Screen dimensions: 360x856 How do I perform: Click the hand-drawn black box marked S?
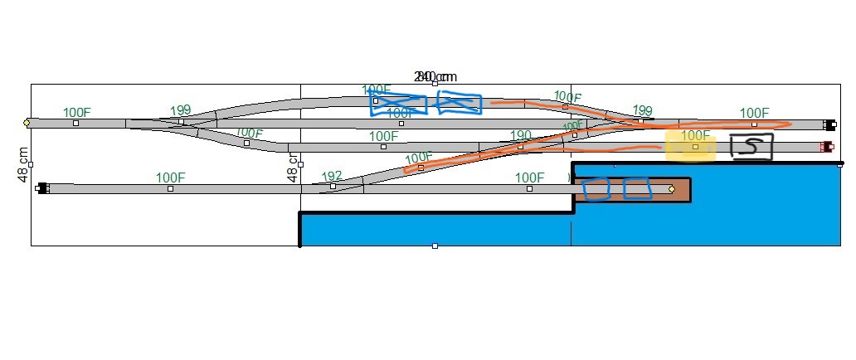[751, 148]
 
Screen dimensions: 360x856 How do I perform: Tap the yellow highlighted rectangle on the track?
[690, 148]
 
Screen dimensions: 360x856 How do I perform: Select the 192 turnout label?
[332, 176]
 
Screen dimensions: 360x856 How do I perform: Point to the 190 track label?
[521, 135]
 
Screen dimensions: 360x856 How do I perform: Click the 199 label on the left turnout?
[180, 110]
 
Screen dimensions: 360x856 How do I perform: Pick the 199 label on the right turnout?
[642, 110]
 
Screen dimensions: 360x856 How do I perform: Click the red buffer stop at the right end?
[826, 147]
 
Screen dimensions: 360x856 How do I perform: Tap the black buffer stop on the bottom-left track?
[42, 188]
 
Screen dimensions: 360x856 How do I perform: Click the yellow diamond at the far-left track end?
[27, 123]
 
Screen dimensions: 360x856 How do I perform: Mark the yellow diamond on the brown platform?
[671, 189]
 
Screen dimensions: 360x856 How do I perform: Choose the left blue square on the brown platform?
[596, 189]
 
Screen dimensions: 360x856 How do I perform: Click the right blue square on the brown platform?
[637, 189]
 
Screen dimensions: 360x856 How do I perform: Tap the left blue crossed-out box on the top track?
[398, 103]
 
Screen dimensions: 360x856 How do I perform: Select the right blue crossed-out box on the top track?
[460, 102]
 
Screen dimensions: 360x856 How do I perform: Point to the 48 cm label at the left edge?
[24, 164]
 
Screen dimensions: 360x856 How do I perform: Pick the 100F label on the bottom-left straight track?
[170, 177]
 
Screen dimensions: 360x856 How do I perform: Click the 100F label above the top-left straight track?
[77, 112]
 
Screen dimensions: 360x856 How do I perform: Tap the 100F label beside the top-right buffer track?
[754, 113]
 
